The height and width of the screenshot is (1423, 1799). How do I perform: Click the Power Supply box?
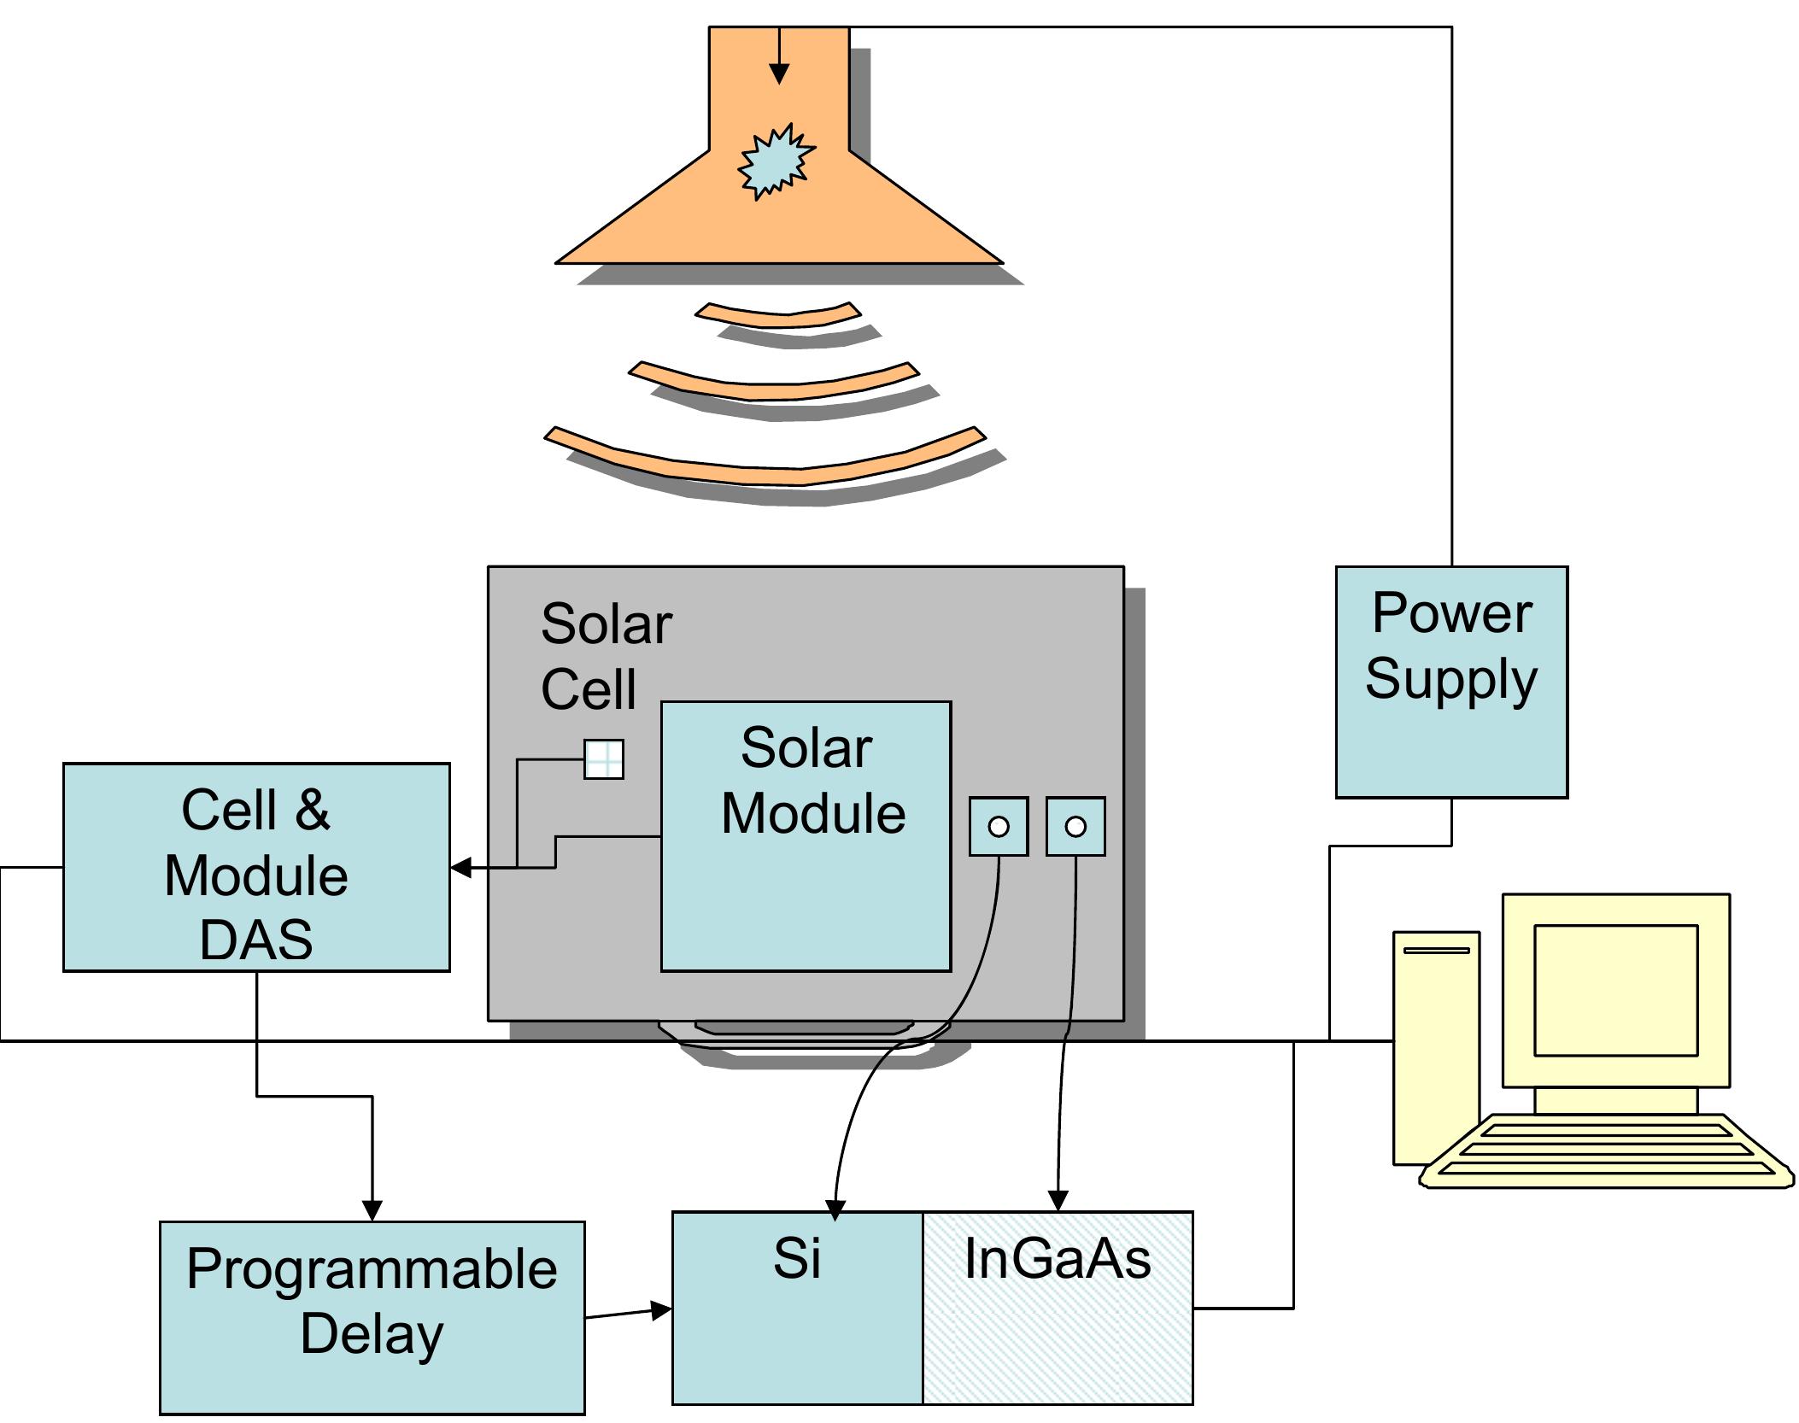point(1451,682)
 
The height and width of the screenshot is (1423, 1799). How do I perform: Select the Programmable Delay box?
point(372,1318)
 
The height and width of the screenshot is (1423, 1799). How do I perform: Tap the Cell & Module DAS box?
point(256,867)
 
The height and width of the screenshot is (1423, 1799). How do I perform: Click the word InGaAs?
point(1058,1258)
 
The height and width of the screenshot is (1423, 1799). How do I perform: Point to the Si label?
point(797,1258)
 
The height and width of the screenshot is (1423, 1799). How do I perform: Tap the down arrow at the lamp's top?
point(779,56)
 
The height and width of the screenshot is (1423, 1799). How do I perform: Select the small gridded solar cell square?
point(604,758)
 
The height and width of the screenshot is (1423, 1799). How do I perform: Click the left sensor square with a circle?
point(999,826)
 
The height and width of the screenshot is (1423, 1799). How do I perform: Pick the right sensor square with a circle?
point(1075,826)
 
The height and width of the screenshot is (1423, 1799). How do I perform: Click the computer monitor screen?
point(1615,990)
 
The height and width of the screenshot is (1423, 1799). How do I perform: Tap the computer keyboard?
point(1606,1151)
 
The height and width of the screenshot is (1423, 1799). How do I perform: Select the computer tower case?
point(1436,1047)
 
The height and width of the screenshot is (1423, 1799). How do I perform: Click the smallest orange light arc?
point(778,313)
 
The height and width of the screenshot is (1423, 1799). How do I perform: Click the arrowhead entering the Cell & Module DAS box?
point(461,868)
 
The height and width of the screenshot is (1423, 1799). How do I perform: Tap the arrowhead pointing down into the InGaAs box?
point(1058,1200)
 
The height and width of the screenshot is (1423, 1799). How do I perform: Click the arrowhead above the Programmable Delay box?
point(372,1210)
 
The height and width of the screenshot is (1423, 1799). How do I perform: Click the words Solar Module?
point(812,781)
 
